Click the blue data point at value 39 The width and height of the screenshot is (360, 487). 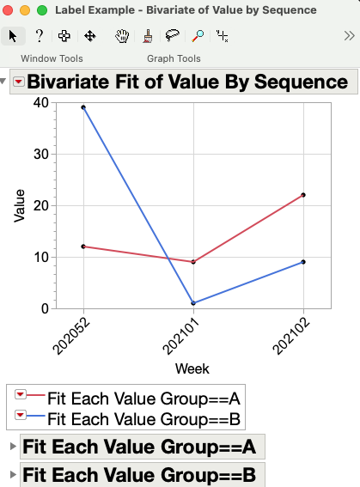(x=83, y=107)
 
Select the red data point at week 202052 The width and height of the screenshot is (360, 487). (x=83, y=247)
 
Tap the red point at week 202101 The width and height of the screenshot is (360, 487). (x=193, y=262)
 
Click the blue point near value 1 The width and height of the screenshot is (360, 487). (x=193, y=303)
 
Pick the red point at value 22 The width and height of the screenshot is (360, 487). (x=303, y=195)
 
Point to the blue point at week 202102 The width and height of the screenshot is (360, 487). (x=303, y=262)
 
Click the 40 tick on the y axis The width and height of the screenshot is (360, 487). (x=41, y=102)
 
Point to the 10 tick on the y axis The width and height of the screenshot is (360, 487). (x=41, y=257)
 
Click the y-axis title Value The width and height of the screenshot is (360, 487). (x=20, y=205)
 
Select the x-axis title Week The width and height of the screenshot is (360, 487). (x=192, y=368)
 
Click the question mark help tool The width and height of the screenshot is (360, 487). (x=40, y=36)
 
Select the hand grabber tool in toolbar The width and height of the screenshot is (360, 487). (x=123, y=36)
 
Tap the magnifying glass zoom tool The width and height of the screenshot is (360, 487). (x=198, y=36)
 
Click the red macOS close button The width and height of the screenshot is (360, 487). (x=10, y=10)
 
